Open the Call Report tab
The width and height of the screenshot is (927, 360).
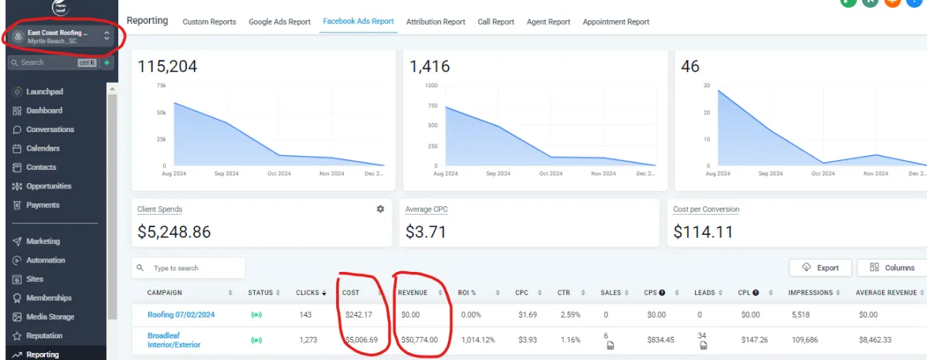pyautogui.click(x=496, y=22)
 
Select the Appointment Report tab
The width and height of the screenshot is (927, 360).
pyautogui.click(x=616, y=22)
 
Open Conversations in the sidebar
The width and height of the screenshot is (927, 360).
pyautogui.click(x=49, y=130)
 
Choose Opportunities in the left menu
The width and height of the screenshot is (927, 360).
pyautogui.click(x=48, y=186)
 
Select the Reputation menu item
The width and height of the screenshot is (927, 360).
pyautogui.click(x=45, y=336)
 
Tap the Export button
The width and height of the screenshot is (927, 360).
pyautogui.click(x=820, y=268)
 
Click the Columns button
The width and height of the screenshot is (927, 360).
pyautogui.click(x=891, y=268)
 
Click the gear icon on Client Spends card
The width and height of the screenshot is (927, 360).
pyautogui.click(x=380, y=209)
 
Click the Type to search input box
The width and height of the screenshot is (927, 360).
pyautogui.click(x=188, y=268)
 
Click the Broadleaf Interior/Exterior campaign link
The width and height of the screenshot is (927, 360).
pyautogui.click(x=174, y=340)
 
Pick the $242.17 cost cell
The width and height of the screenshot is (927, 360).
pyautogui.click(x=358, y=314)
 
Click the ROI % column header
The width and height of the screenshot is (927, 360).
pyautogui.click(x=467, y=293)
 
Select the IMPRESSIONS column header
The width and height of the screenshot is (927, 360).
pyautogui.click(x=810, y=293)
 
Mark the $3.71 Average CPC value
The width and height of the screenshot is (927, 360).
pyautogui.click(x=426, y=232)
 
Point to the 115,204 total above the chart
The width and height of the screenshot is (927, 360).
pyautogui.click(x=167, y=66)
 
